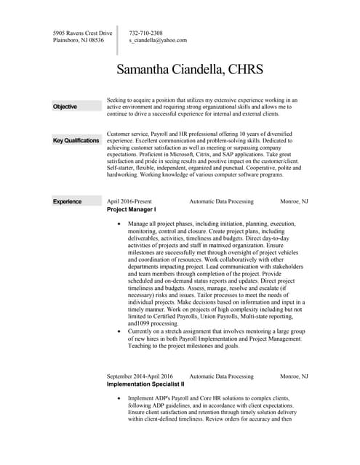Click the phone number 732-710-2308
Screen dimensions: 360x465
click(x=145, y=33)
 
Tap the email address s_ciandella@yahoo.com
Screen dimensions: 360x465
click(x=158, y=41)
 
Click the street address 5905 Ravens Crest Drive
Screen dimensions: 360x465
click(x=83, y=33)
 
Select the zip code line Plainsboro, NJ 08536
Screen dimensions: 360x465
click(x=79, y=41)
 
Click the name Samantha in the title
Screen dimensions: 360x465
click(x=153, y=70)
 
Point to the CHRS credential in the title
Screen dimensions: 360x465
click(x=245, y=70)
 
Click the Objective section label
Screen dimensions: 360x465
click(x=65, y=107)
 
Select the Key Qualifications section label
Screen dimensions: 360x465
click(x=76, y=140)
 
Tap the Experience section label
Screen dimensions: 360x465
click(x=67, y=201)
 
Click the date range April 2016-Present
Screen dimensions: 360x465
click(x=130, y=201)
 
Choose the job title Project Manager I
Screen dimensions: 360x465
click(x=132, y=209)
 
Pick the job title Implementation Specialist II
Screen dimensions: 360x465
click(x=145, y=384)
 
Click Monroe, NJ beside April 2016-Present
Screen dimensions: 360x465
click(x=294, y=201)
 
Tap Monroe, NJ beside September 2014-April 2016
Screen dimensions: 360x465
click(x=294, y=376)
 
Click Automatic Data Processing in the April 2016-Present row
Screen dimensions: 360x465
click(x=221, y=201)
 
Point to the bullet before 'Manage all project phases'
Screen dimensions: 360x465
click(x=120, y=225)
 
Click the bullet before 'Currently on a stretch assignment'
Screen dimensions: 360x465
click(x=120, y=331)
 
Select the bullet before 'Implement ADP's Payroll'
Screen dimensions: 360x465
click(x=120, y=399)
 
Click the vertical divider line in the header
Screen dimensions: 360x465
click(x=117, y=40)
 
